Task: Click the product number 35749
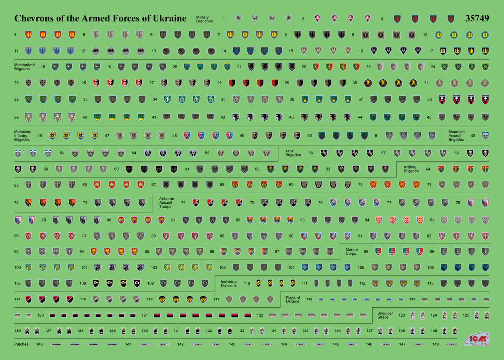click(476, 19)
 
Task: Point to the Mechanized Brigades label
click(24, 66)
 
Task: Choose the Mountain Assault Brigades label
click(457, 135)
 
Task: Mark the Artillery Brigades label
click(411, 169)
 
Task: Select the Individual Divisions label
click(229, 283)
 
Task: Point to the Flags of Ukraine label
click(293, 299)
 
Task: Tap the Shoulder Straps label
click(385, 315)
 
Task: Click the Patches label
click(21, 344)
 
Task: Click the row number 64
click(428, 169)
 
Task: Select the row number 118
click(309, 299)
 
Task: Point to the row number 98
click(366, 251)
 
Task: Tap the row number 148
click(435, 344)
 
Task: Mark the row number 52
click(473, 135)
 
